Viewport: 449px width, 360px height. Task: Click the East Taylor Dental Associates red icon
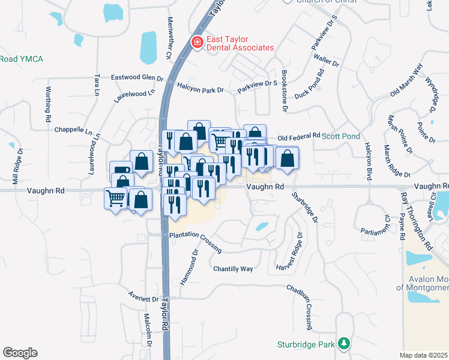(x=196, y=43)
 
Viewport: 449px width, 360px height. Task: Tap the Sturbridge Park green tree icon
(x=344, y=344)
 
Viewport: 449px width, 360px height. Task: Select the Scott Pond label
(x=342, y=136)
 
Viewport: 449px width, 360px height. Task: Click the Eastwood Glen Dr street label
(x=137, y=78)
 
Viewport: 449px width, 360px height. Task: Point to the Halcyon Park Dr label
(x=200, y=89)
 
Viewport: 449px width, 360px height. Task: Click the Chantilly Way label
(x=234, y=269)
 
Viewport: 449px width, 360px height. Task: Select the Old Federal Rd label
(x=299, y=137)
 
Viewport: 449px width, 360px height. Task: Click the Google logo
(x=20, y=353)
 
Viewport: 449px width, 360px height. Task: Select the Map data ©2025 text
(x=424, y=355)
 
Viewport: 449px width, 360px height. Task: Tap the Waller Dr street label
(x=327, y=61)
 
